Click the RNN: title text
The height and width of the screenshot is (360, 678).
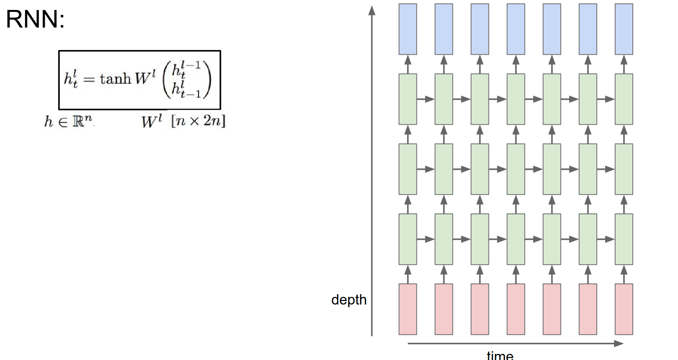pyautogui.click(x=35, y=19)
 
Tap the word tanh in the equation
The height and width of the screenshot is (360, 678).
pyautogui.click(x=115, y=79)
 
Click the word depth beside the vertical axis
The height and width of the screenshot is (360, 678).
pyautogui.click(x=349, y=300)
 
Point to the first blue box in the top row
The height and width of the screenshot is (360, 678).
pyautogui.click(x=408, y=29)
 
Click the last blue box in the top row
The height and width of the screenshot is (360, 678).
pyautogui.click(x=624, y=29)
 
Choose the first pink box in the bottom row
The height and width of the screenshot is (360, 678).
pyautogui.click(x=408, y=309)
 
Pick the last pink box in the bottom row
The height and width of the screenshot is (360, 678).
pyautogui.click(x=624, y=309)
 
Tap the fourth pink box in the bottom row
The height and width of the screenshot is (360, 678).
pyautogui.click(x=516, y=309)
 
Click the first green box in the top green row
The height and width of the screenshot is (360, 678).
pyautogui.click(x=408, y=99)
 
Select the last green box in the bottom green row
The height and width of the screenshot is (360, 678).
pyautogui.click(x=624, y=239)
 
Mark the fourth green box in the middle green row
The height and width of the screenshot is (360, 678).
pyautogui.click(x=516, y=169)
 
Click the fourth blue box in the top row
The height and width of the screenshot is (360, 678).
pyautogui.click(x=516, y=29)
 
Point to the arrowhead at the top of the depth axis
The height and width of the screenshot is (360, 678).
pyautogui.click(x=372, y=10)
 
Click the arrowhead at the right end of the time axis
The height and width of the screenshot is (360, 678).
pyautogui.click(x=619, y=344)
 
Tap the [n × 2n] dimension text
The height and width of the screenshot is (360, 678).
pyautogui.click(x=198, y=121)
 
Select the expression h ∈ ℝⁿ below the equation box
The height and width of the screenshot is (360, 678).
pyautogui.click(x=68, y=121)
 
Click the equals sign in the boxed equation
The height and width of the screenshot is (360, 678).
pyautogui.click(x=89, y=80)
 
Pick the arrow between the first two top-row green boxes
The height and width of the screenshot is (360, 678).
pyautogui.click(x=426, y=99)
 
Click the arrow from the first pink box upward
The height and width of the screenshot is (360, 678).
pyautogui.click(x=408, y=274)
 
